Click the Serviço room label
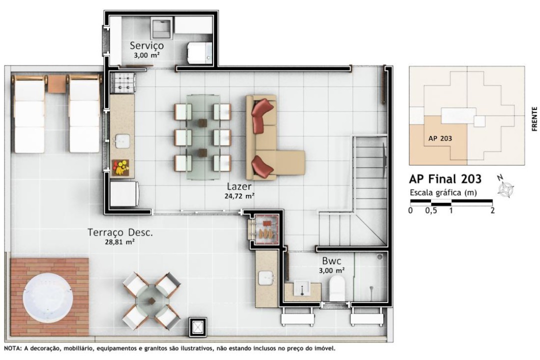(146, 45)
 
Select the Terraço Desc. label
(120, 232)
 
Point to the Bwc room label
(331, 260)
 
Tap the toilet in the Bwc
(337, 288)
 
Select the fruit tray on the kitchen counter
(120, 168)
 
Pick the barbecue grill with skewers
(265, 228)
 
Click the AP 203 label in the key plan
(440, 138)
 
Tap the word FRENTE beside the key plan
(534, 119)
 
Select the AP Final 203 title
(445, 179)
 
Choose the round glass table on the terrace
(151, 300)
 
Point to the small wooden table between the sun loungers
(56, 83)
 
